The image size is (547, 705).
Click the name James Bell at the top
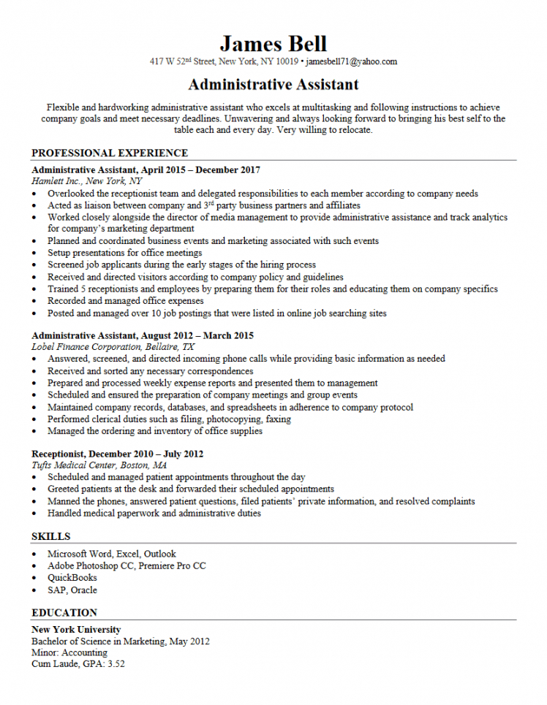pyautogui.click(x=273, y=43)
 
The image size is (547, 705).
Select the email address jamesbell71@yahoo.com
pyautogui.click(x=351, y=62)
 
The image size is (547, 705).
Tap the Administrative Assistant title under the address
pyautogui.click(x=273, y=85)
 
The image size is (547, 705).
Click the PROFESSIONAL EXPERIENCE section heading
pyautogui.click(x=110, y=153)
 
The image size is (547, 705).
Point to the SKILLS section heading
pyautogui.click(x=51, y=537)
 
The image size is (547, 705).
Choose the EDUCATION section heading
pyautogui.click(x=64, y=612)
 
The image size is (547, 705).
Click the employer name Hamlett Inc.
pyautogui.click(x=56, y=181)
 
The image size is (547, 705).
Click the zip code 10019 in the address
pyautogui.click(x=287, y=62)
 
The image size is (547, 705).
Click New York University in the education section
pyautogui.click(x=76, y=629)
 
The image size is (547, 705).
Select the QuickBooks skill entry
pyautogui.click(x=72, y=578)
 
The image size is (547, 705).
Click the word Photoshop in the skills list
pyautogui.click(x=103, y=565)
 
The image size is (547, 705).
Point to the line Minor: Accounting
pyautogui.click(x=69, y=652)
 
